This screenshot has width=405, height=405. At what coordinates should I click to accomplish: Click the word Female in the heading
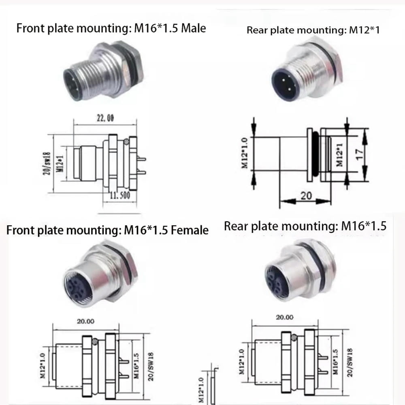[190, 230]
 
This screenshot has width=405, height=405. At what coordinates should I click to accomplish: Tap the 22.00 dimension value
[104, 118]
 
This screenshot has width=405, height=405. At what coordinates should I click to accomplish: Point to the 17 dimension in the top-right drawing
[356, 154]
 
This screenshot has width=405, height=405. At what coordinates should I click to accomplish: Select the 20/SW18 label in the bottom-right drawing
[350, 362]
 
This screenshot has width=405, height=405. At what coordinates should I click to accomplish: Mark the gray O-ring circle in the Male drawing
[127, 142]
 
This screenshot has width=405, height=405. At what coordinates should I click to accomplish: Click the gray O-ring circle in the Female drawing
[95, 341]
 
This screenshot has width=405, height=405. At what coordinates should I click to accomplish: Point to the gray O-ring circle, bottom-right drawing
[294, 337]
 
